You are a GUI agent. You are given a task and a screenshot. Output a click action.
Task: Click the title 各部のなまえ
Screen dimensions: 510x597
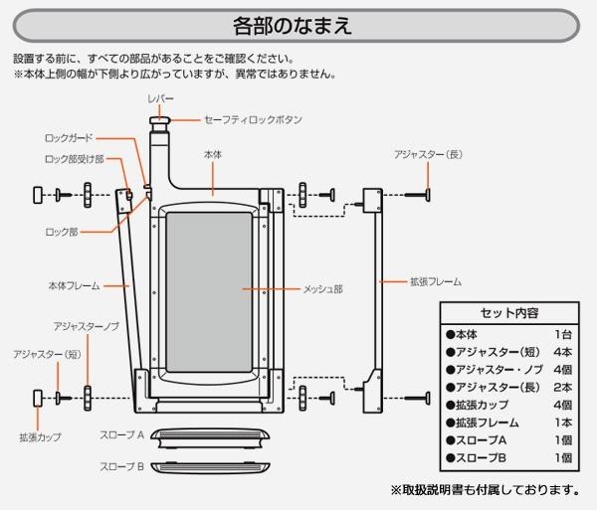(298, 23)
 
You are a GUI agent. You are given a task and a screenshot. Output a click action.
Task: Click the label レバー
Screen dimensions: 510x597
(160, 100)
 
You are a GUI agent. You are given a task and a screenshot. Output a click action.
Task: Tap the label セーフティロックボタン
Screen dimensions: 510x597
(253, 119)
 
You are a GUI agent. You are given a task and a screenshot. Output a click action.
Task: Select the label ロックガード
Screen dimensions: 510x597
(69, 138)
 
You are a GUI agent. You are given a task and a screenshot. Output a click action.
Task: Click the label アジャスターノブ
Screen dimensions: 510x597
(88, 326)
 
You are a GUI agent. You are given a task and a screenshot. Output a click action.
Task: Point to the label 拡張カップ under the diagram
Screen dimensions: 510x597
(41, 436)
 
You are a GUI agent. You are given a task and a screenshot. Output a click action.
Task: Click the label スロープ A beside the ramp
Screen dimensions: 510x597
(122, 435)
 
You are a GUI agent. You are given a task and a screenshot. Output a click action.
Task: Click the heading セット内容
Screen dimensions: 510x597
(508, 312)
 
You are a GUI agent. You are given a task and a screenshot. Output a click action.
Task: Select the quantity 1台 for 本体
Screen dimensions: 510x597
(563, 335)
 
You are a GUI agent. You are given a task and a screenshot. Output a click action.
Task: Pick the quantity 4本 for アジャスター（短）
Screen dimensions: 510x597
(563, 352)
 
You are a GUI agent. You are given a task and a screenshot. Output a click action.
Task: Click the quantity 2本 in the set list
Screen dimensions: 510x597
(563, 387)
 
